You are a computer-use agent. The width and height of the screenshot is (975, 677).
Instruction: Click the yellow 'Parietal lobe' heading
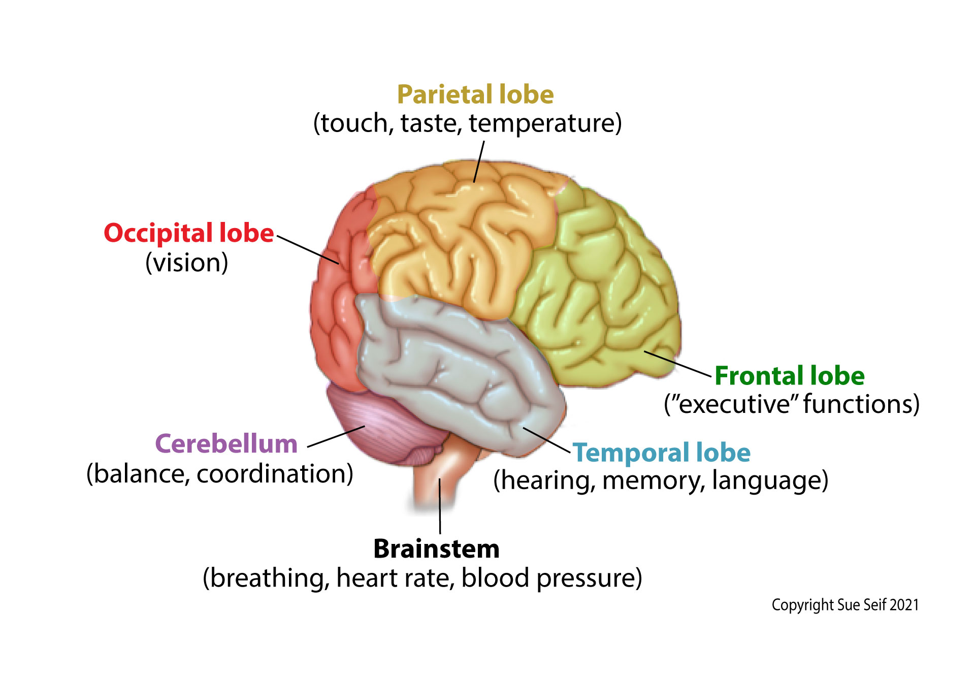point(475,95)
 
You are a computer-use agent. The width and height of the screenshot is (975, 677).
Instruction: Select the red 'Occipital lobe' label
point(188,233)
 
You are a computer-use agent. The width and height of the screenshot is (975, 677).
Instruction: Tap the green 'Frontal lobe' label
point(789,376)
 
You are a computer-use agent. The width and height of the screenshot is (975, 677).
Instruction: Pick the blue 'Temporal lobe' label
point(661,453)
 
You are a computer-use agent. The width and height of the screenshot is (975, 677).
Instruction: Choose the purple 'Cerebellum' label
point(226,444)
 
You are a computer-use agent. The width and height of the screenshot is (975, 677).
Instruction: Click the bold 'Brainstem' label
point(436,549)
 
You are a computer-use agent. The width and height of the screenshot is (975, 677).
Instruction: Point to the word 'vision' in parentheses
point(187,263)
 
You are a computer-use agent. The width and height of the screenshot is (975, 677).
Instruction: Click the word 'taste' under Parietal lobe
point(429,123)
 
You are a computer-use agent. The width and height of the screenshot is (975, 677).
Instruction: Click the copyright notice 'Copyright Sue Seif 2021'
point(845,605)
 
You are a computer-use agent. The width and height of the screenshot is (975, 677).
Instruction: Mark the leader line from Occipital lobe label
point(308,250)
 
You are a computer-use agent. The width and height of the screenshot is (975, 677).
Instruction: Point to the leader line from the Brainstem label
point(440,508)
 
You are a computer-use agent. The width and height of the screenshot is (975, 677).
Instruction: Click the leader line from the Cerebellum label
point(336,436)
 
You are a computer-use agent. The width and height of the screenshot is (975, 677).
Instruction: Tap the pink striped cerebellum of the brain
point(386,427)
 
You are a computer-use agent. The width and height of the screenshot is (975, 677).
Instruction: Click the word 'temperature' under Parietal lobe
point(544,123)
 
